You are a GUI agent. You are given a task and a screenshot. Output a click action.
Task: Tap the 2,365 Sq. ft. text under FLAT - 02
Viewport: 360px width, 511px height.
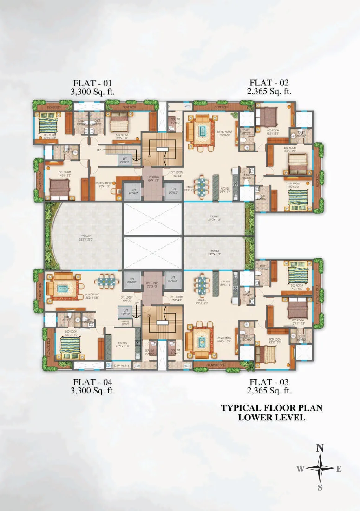pos(269,92)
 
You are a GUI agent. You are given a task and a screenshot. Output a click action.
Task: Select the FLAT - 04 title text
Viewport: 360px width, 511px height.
pos(92,382)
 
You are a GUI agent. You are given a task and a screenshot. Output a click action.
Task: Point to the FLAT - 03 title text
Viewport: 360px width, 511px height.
pos(269,382)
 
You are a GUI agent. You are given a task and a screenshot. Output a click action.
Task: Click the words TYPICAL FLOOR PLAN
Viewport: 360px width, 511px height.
pos(271,408)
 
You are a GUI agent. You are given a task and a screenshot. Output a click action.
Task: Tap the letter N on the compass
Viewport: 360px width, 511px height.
pos(320,448)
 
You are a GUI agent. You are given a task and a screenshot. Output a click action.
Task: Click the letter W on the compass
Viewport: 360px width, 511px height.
pos(301,469)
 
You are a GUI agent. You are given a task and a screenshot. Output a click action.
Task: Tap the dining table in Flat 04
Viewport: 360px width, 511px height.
pos(106,282)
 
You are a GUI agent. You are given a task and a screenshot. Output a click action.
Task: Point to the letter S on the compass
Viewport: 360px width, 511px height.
pos(320,487)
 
